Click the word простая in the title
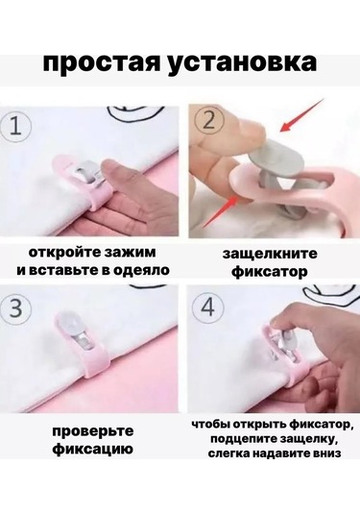click(x=102, y=63)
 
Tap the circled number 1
click(x=15, y=127)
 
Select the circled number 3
click(x=15, y=308)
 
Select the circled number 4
click(x=208, y=307)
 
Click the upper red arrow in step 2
click(x=302, y=115)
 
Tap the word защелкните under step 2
click(x=270, y=254)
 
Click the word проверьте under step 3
click(x=93, y=430)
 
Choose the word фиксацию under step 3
click(x=93, y=449)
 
